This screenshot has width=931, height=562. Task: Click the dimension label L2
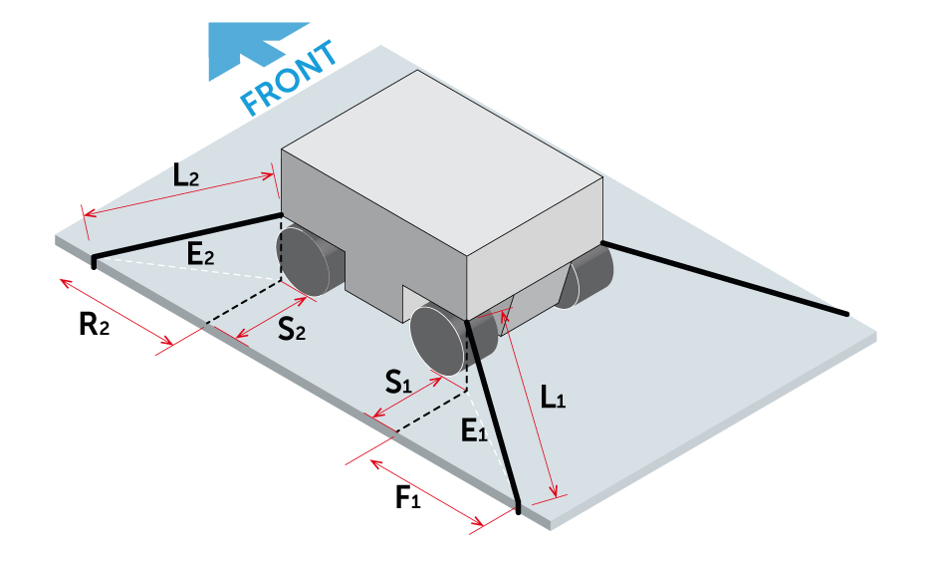[185, 175]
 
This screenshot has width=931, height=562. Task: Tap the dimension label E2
[200, 254]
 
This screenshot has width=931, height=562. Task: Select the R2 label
[94, 325]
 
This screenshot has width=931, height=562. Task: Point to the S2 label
[292, 329]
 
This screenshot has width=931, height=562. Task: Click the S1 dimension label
[398, 382]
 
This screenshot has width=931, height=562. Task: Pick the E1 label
[474, 430]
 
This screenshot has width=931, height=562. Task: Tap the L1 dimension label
[553, 397]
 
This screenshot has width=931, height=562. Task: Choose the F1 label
[408, 497]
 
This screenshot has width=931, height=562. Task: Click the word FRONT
[289, 78]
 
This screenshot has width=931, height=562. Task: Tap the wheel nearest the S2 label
[304, 261]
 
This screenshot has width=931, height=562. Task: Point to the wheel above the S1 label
[440, 339]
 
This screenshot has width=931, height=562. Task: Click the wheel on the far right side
[584, 279]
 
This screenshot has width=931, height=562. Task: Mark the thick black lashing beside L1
[493, 416]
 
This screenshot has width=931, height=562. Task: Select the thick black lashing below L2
[187, 236]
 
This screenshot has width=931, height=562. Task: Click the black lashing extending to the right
[724, 278]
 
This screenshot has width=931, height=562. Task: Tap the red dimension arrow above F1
[427, 492]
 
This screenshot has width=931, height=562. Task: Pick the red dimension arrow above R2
[116, 311]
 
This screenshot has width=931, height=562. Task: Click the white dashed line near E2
[187, 270]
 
